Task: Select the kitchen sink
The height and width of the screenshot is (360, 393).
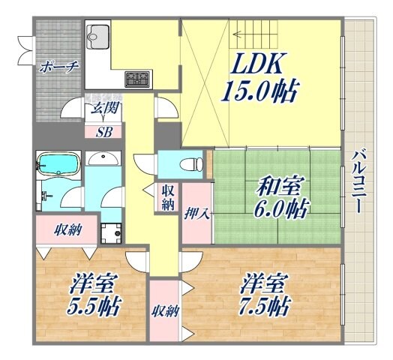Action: tap(97, 35)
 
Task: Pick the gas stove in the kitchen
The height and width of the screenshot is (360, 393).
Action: tap(136, 78)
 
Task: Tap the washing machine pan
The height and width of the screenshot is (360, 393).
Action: tap(112, 232)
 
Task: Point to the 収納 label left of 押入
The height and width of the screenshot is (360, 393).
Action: tap(166, 196)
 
